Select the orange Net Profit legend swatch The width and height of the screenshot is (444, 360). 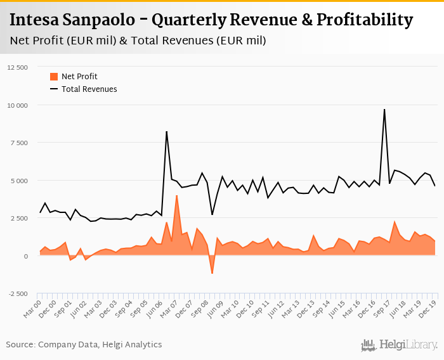pyautogui.click(x=54, y=77)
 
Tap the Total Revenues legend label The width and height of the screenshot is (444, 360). pyautogui.click(x=89, y=89)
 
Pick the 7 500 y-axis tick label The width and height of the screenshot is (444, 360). pyautogui.click(x=18, y=143)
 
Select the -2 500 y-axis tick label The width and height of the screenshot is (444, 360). pyautogui.click(x=17, y=294)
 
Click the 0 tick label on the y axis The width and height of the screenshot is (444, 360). pyautogui.click(x=26, y=256)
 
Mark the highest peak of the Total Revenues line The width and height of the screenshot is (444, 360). pyautogui.click(x=384, y=109)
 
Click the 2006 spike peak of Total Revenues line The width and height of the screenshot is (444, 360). pyautogui.click(x=166, y=132)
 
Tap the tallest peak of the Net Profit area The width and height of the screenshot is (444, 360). pyautogui.click(x=176, y=196)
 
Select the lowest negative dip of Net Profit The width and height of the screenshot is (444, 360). pyautogui.click(x=212, y=274)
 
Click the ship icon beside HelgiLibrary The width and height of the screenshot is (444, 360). pyautogui.click(x=368, y=345)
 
